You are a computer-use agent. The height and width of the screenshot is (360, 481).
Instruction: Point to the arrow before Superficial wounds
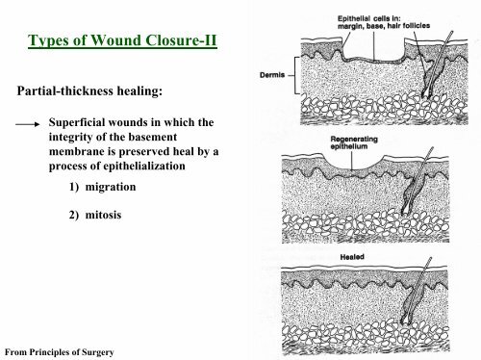26,124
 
